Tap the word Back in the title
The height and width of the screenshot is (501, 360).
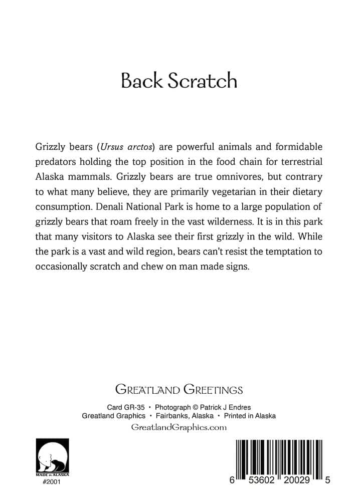tap(140, 81)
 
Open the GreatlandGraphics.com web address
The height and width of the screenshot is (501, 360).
tap(179, 427)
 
